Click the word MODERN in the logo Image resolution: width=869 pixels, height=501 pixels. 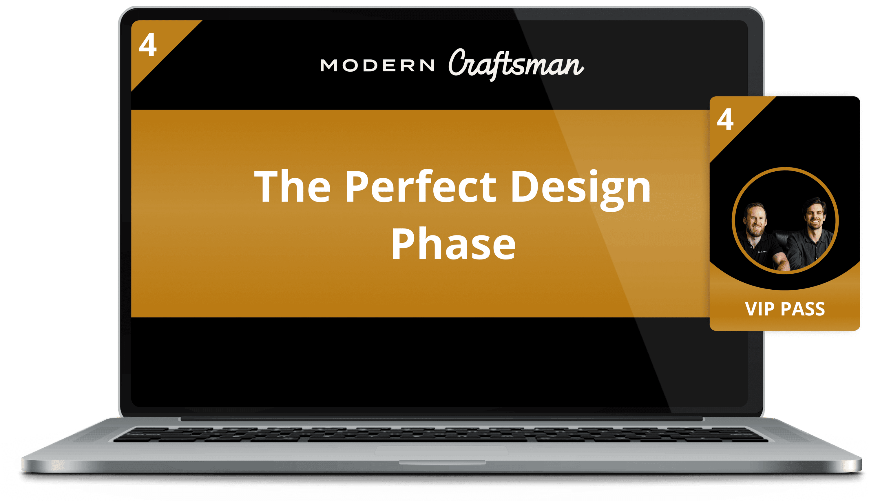(377, 65)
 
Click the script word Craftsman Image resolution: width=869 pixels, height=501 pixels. (516, 64)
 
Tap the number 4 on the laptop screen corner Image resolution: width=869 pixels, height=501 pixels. (148, 45)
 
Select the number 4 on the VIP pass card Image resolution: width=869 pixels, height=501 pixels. (725, 119)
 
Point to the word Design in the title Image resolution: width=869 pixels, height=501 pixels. (580, 190)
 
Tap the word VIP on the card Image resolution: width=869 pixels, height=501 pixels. (760, 309)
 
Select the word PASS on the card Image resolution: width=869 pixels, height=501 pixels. (803, 309)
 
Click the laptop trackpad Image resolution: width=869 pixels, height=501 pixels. (442, 451)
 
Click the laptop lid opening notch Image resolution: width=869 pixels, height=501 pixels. (442, 462)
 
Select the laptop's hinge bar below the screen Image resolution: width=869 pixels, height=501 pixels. (442, 419)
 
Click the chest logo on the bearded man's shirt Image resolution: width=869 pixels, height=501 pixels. (762, 252)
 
